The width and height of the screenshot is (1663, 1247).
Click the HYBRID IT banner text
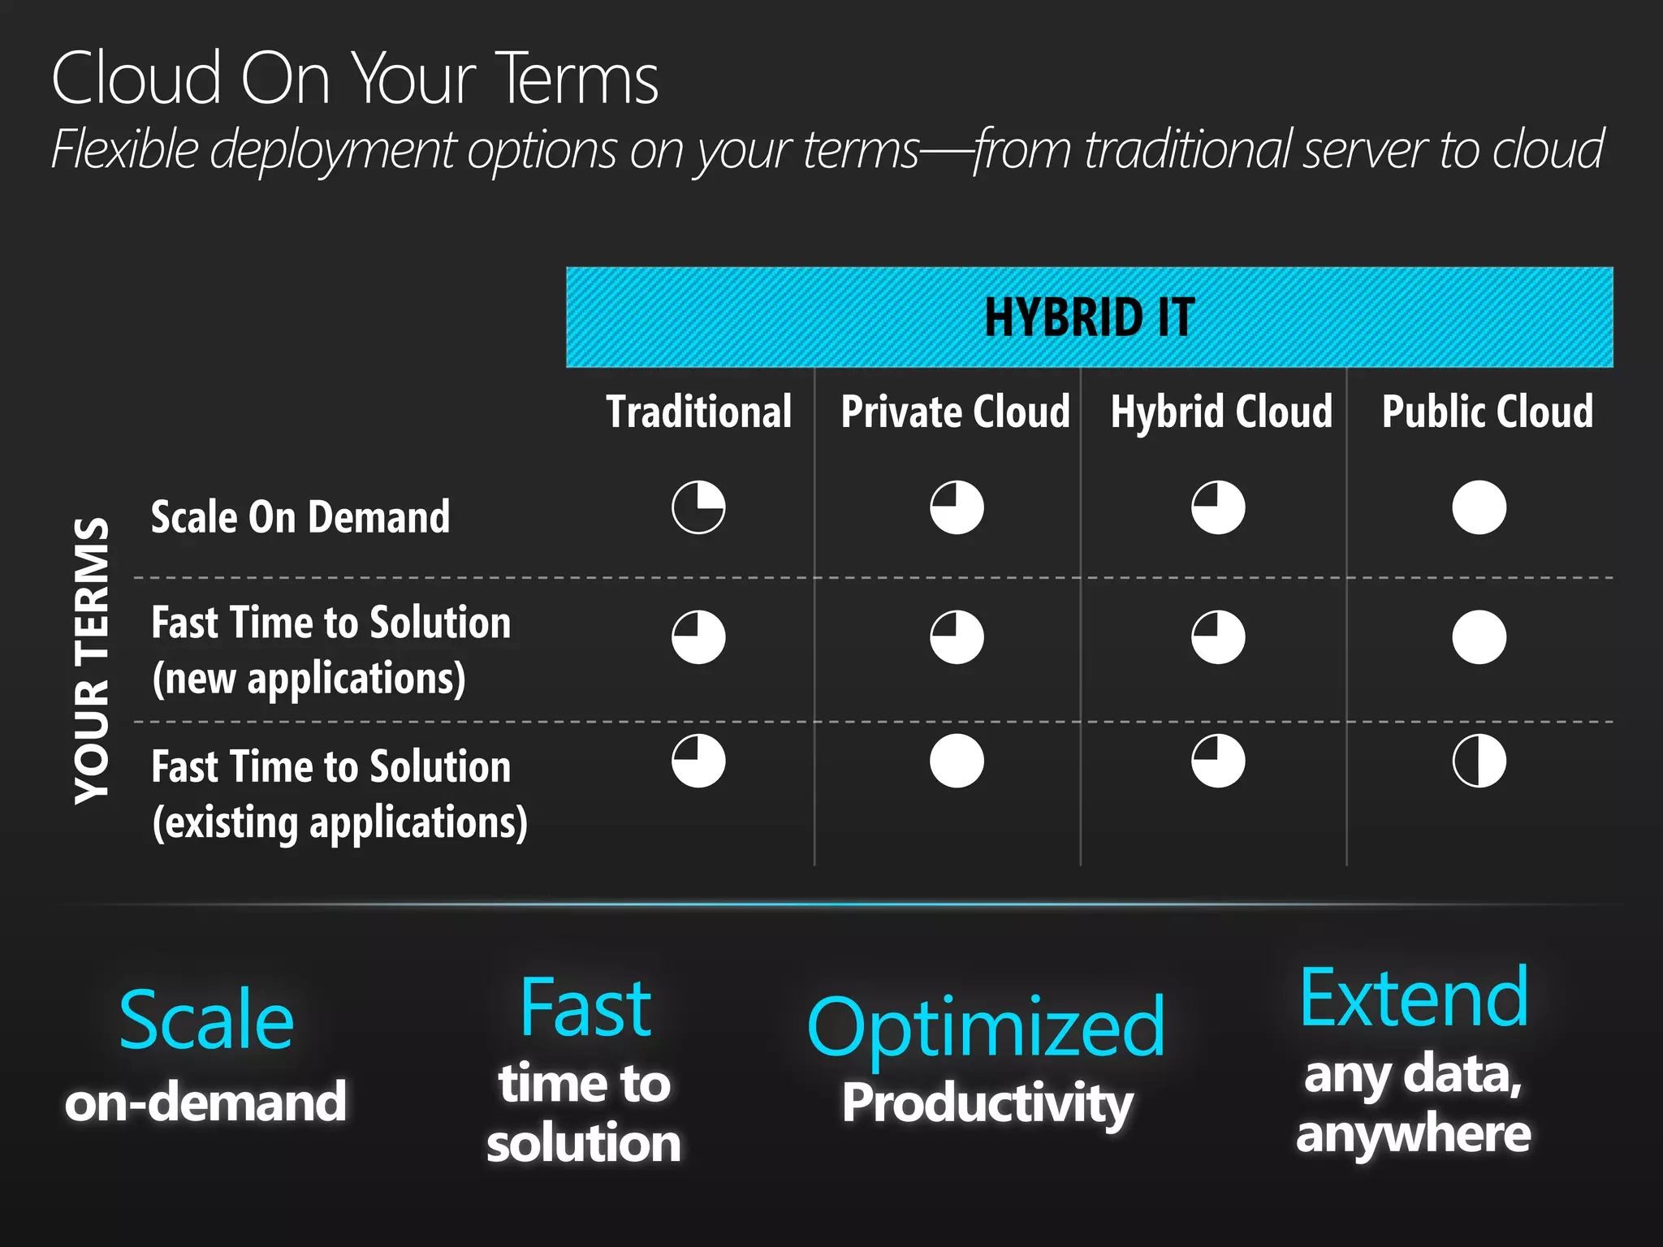1089,317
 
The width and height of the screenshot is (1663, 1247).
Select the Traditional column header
698,412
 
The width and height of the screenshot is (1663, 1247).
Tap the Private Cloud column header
955,412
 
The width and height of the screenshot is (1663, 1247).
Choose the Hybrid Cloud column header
1221,412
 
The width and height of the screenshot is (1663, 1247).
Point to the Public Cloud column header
1487,412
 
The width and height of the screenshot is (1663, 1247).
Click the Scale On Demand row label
300,517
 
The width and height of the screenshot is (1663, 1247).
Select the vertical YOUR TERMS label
92,660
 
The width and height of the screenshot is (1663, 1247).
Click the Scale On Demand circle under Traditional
698,507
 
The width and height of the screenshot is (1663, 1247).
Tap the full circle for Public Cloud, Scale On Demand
1479,507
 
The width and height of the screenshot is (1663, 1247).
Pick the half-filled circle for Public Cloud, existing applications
1479,762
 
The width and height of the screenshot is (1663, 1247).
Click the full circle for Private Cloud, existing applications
957,762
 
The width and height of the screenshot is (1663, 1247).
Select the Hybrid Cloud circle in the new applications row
1218,637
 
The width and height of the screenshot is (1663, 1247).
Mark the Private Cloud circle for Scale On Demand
957,507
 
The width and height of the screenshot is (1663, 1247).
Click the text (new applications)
309,679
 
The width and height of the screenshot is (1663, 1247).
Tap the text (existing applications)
339,823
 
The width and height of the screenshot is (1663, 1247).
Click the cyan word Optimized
986,1028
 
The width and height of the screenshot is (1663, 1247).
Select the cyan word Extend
1414,998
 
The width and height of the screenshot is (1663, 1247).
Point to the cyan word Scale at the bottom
206,1020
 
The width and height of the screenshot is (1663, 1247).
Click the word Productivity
987,1104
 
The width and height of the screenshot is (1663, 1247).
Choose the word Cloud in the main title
136,78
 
